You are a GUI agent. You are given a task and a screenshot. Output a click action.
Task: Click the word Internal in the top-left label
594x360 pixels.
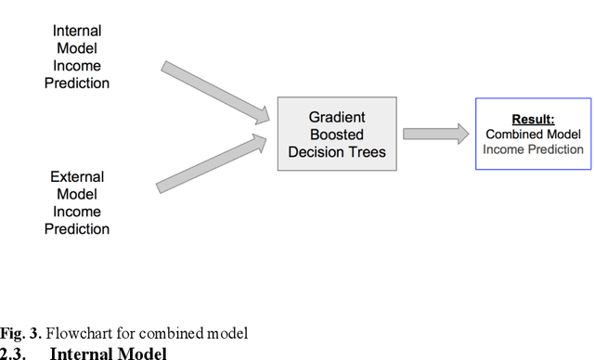[x=77, y=31]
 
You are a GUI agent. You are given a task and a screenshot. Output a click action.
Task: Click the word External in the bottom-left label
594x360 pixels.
[x=77, y=176]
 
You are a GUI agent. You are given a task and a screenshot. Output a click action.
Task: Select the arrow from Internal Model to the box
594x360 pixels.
[x=213, y=91]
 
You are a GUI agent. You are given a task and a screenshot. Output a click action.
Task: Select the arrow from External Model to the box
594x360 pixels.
[x=213, y=163]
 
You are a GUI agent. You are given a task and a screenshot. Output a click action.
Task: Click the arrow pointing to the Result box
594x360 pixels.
[x=435, y=134]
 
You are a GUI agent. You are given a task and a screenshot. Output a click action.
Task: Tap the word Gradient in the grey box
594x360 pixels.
[x=338, y=117]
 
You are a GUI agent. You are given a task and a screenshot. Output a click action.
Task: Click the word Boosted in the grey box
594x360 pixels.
[x=338, y=135]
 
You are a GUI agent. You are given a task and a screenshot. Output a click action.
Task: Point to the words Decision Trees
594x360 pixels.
[x=338, y=152]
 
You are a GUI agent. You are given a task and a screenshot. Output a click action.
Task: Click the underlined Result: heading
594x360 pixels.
[x=533, y=119]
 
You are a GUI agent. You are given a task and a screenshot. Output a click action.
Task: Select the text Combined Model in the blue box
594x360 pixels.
[x=533, y=134]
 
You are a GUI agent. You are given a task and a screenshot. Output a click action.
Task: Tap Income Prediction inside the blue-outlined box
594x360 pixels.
[x=533, y=148]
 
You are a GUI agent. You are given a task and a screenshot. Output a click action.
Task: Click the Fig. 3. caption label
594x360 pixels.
[x=20, y=334]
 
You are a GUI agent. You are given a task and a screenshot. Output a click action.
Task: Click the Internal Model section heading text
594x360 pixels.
[x=108, y=353]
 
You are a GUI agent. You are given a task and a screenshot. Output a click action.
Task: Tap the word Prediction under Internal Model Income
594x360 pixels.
[x=77, y=84]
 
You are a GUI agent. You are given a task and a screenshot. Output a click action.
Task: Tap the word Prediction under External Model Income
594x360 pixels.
[x=77, y=229]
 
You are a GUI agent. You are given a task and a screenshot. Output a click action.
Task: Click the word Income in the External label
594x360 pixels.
[x=77, y=212]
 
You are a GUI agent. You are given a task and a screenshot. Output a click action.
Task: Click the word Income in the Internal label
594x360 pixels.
[x=77, y=66]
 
